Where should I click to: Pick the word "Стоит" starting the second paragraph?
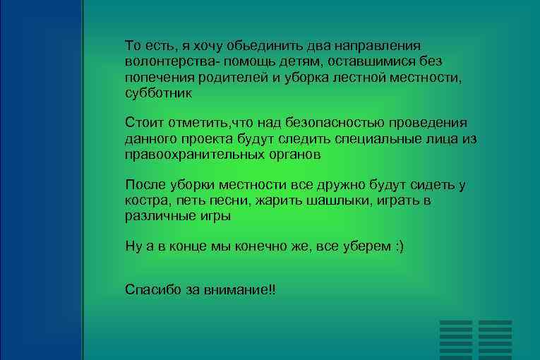click(x=144, y=124)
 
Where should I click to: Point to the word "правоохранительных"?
click(x=194, y=155)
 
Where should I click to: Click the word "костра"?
click(x=145, y=201)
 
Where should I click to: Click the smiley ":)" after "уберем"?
click(x=399, y=248)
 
